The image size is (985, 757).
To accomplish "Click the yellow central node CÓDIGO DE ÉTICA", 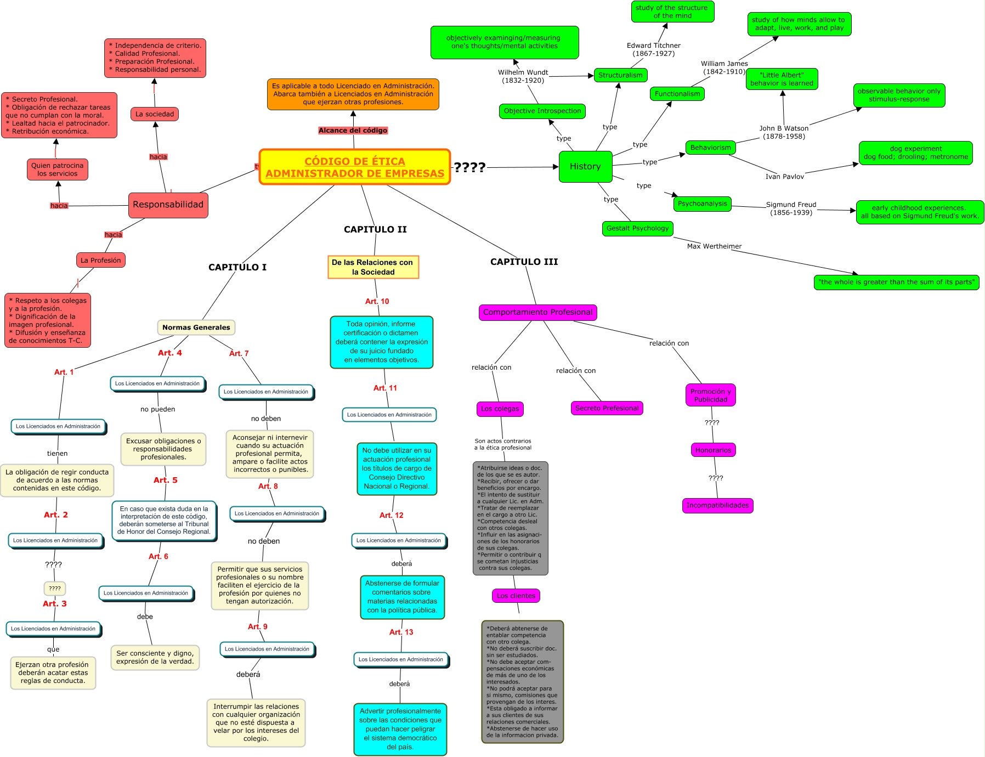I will pyautogui.click(x=355, y=167).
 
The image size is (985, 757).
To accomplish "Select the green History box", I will pyautogui.click(x=585, y=166).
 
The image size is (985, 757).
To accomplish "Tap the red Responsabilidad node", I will pyautogui.click(x=168, y=205).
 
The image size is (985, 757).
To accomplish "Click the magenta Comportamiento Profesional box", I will pyautogui.click(x=537, y=312).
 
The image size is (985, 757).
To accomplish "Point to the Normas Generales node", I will pyautogui.click(x=196, y=327).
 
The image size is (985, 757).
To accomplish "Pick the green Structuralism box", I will pyautogui.click(x=620, y=75).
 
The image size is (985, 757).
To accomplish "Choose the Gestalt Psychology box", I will pyautogui.click(x=637, y=228).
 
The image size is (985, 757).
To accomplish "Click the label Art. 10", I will pyautogui.click(x=377, y=301).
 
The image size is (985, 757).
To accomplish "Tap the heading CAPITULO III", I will pyautogui.click(x=524, y=262).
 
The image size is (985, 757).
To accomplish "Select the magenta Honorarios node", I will pyautogui.click(x=713, y=450).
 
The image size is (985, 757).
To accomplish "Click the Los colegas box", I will pyautogui.click(x=500, y=409).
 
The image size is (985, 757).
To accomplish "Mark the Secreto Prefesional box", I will pyautogui.click(x=607, y=408).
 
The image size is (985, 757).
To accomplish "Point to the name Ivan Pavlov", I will pyautogui.click(x=784, y=177).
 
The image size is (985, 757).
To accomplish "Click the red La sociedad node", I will pyautogui.click(x=155, y=114).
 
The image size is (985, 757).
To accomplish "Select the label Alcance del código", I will pyautogui.click(x=353, y=131).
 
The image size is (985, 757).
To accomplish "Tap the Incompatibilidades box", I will pyautogui.click(x=717, y=505).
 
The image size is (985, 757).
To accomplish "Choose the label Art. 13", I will pyautogui.click(x=401, y=632).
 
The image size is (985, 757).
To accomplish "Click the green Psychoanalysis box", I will pyautogui.click(x=702, y=204).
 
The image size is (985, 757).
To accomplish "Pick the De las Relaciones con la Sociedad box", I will pyautogui.click(x=373, y=267).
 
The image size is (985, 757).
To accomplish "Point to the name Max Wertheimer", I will pyautogui.click(x=714, y=246).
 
